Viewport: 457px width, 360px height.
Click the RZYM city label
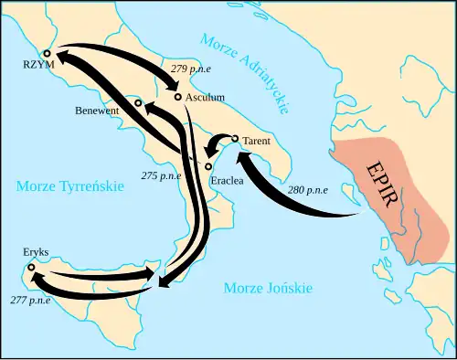[41, 66]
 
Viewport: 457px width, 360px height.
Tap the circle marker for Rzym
[46, 54]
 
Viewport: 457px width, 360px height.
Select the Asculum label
[204, 96]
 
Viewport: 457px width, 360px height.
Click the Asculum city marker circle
[177, 96]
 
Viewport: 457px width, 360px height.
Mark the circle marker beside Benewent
[138, 103]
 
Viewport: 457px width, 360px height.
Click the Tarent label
[258, 142]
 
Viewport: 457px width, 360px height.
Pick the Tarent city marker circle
[236, 139]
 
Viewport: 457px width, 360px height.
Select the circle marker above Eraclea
[208, 167]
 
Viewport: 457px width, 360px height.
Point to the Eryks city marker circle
[30, 268]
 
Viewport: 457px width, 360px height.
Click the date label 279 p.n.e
[193, 69]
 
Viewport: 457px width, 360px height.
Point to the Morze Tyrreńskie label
[69, 186]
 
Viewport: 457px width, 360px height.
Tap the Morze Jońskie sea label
[268, 288]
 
